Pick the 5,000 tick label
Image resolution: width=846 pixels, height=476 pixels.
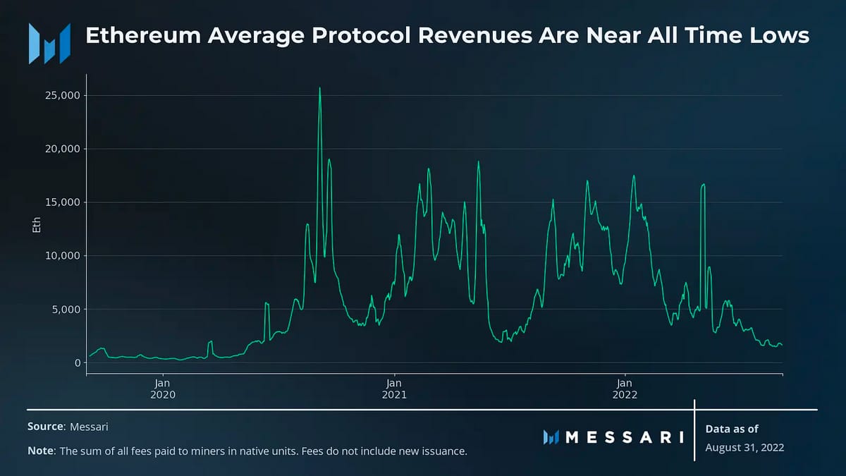click(62, 309)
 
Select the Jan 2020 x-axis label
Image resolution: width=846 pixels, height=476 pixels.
click(163, 389)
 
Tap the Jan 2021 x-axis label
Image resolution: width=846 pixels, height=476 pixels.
click(395, 389)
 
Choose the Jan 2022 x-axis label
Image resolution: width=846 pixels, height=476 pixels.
click(625, 389)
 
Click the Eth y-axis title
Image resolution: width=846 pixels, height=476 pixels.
click(37, 225)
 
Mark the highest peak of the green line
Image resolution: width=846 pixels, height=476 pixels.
click(320, 88)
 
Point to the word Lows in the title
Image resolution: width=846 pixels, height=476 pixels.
click(781, 35)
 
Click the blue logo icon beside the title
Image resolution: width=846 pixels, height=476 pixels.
click(49, 43)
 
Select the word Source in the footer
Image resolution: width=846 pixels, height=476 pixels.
click(45, 427)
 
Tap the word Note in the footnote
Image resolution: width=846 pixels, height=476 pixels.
click(40, 451)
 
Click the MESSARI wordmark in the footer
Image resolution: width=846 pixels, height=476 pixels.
click(613, 437)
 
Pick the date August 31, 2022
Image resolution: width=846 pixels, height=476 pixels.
click(744, 448)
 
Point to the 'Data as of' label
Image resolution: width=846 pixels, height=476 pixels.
click(732, 429)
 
